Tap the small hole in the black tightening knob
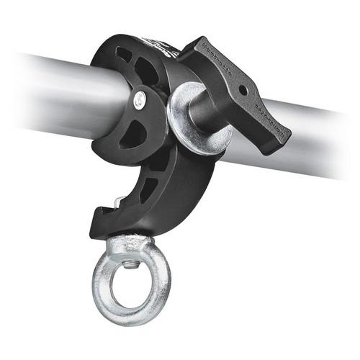[243, 91]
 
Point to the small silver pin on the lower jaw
[114, 204]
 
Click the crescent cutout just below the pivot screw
[133, 134]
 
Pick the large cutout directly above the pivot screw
[147, 72]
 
